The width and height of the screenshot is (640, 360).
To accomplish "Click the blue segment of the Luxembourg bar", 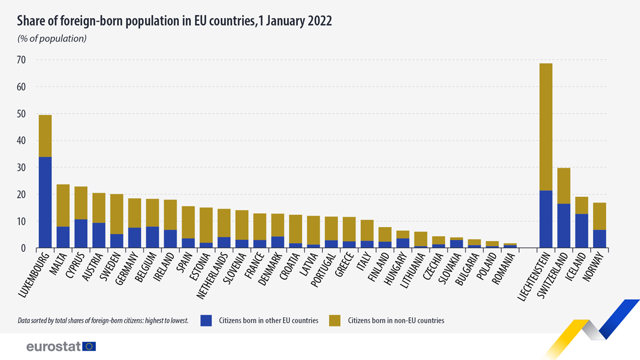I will [x=45, y=203].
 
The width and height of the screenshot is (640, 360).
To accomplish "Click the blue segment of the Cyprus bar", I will [x=81, y=234].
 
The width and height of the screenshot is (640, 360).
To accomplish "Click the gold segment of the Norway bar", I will [x=599, y=217].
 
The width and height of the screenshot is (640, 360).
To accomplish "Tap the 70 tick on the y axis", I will [x=21, y=60].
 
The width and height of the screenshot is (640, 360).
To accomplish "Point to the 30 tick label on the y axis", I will [x=21, y=167].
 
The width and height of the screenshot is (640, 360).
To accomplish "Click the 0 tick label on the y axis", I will [x=23, y=248].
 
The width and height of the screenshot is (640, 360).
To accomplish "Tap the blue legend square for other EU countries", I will [x=207, y=320].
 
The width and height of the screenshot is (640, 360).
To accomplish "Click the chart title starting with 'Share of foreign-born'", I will [x=174, y=21].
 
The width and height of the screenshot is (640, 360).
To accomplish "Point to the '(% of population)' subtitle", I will [x=52, y=38].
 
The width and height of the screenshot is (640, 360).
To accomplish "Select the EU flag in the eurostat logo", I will [x=89, y=347].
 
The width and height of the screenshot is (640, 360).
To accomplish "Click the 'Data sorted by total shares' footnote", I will [x=103, y=321].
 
